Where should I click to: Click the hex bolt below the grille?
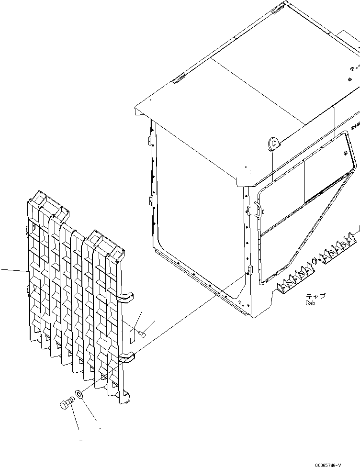click(x=67, y=403)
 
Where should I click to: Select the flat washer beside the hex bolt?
click(x=79, y=394)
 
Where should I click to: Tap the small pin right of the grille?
click(x=143, y=334)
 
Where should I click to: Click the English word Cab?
click(x=310, y=303)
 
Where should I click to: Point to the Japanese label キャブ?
click(x=316, y=296)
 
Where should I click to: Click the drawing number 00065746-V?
click(x=328, y=465)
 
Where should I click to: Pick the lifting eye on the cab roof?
click(x=273, y=144)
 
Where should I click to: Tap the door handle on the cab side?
click(x=258, y=209)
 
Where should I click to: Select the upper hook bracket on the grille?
click(x=126, y=297)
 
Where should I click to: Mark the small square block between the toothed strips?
click(x=314, y=261)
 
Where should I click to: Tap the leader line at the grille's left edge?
click(x=15, y=270)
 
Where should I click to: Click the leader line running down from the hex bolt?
click(x=75, y=420)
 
